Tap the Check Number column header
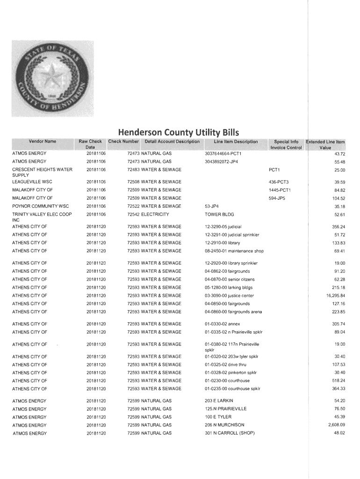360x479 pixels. (x=123, y=141)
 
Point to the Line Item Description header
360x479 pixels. (x=236, y=141)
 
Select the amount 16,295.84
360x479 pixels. (x=332, y=296)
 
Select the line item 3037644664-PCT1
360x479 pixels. (x=223, y=153)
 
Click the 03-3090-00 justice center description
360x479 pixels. (x=229, y=296)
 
